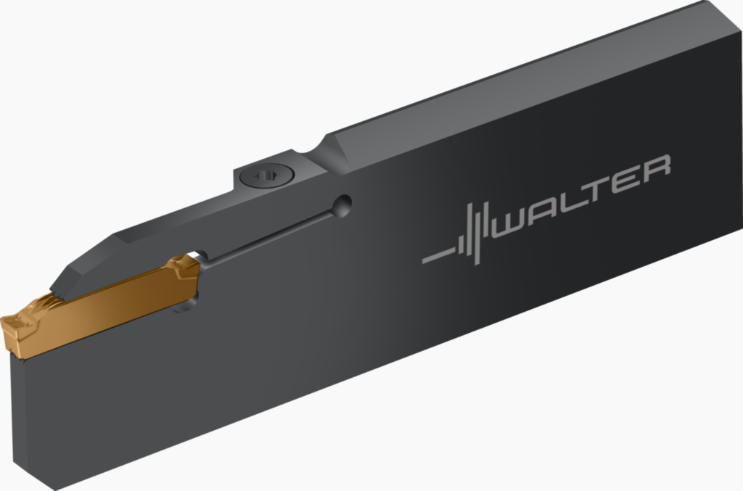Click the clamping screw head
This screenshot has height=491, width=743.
267,176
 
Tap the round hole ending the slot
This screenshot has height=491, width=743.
342,206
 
